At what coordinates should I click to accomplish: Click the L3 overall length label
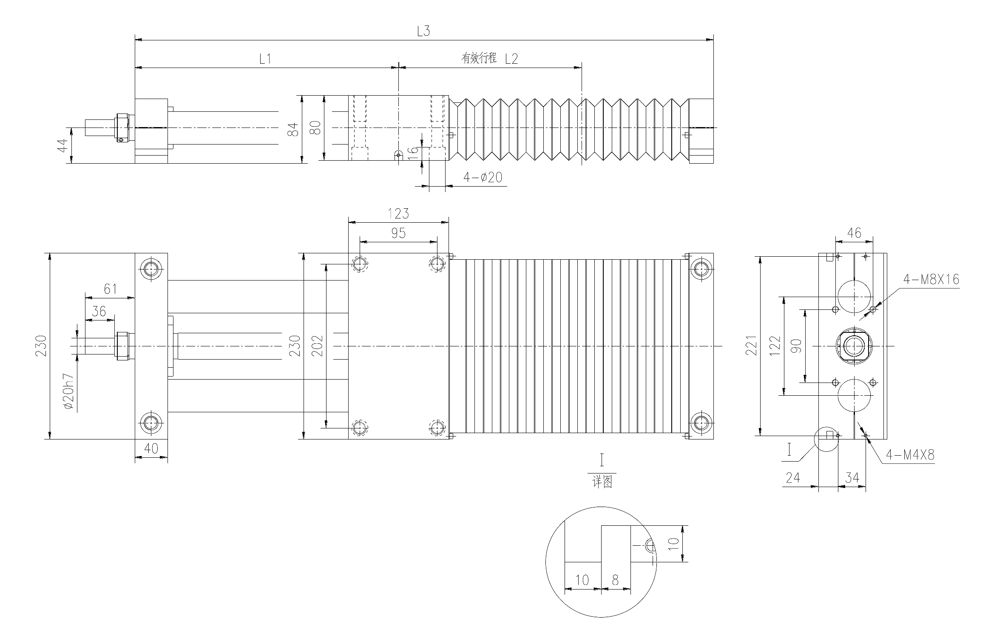tap(423, 31)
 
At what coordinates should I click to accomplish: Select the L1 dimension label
tap(265, 59)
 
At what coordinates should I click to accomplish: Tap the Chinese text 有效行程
tap(479, 58)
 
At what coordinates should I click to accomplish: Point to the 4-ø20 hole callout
tap(483, 177)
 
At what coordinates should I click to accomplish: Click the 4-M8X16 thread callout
tap(931, 279)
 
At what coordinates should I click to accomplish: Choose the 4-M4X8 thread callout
tap(910, 455)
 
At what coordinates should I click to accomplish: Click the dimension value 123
tap(398, 213)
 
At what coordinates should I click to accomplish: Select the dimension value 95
tap(398, 233)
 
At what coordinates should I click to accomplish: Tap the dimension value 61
tap(110, 289)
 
